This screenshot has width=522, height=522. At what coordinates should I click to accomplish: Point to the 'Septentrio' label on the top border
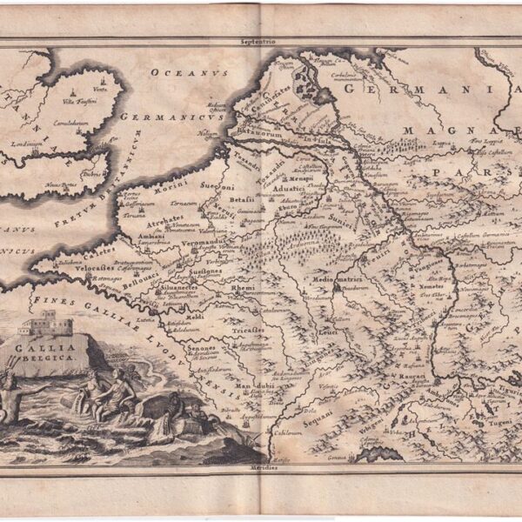pos(261,41)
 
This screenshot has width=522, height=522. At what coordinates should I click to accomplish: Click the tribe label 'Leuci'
pos(328,331)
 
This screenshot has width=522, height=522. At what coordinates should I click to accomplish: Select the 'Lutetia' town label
pos(166,322)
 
